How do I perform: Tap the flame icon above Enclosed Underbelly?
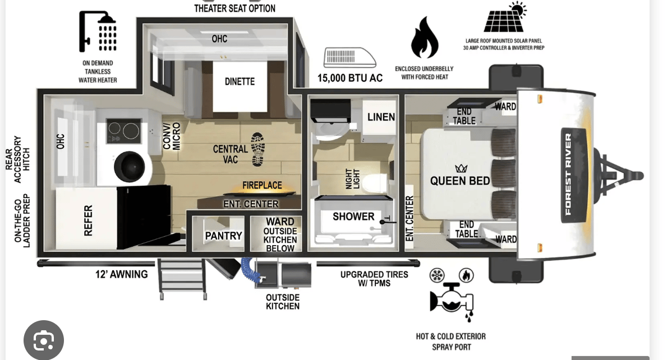[424, 37]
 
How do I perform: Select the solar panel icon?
[504, 17]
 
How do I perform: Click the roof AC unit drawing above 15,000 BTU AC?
[349, 57]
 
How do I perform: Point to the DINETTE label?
[240, 81]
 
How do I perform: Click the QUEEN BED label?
[460, 181]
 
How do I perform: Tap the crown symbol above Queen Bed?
[461, 168]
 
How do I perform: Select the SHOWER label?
[353, 216]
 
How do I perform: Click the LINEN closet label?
[381, 117]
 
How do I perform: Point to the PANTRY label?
[223, 236]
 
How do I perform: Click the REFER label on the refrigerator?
[88, 220]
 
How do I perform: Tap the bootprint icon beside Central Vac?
[257, 149]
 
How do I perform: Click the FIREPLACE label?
[262, 185]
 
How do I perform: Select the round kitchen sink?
[130, 167]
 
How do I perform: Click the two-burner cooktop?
[124, 131]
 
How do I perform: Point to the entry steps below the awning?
[182, 279]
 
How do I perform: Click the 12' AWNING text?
[121, 274]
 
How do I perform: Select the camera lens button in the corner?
[44, 340]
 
